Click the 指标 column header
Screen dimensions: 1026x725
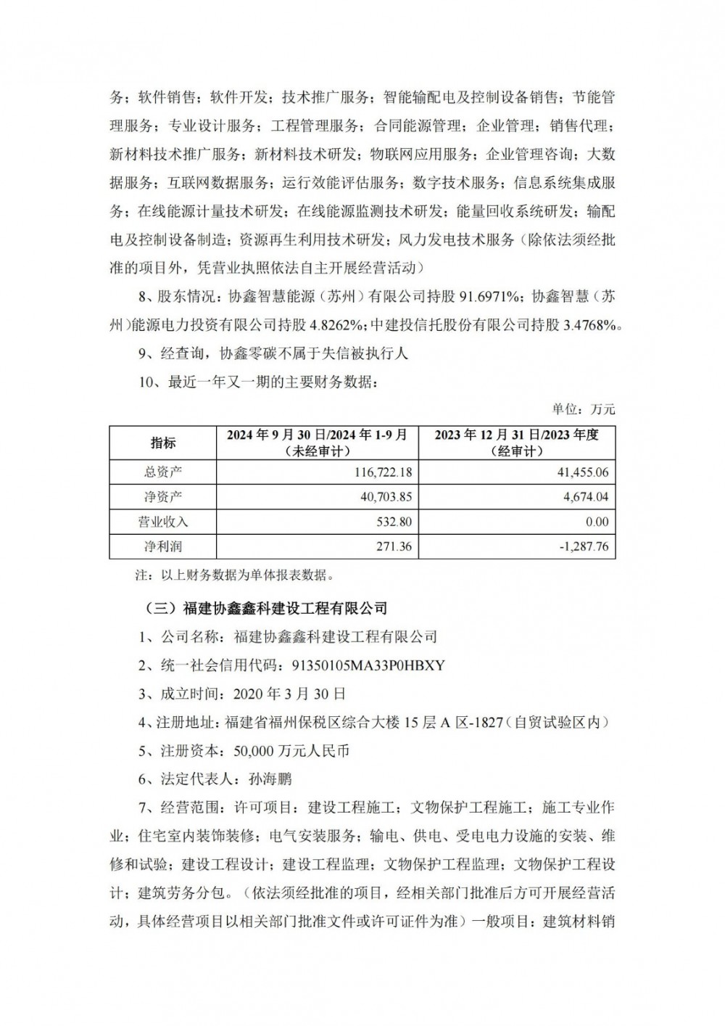point(162,442)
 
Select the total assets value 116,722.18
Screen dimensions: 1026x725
point(381,472)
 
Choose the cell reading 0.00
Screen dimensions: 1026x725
point(596,522)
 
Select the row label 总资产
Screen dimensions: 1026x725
point(162,472)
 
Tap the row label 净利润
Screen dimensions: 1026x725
point(162,546)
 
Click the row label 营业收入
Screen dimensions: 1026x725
point(162,522)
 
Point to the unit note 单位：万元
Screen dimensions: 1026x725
point(584,409)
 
